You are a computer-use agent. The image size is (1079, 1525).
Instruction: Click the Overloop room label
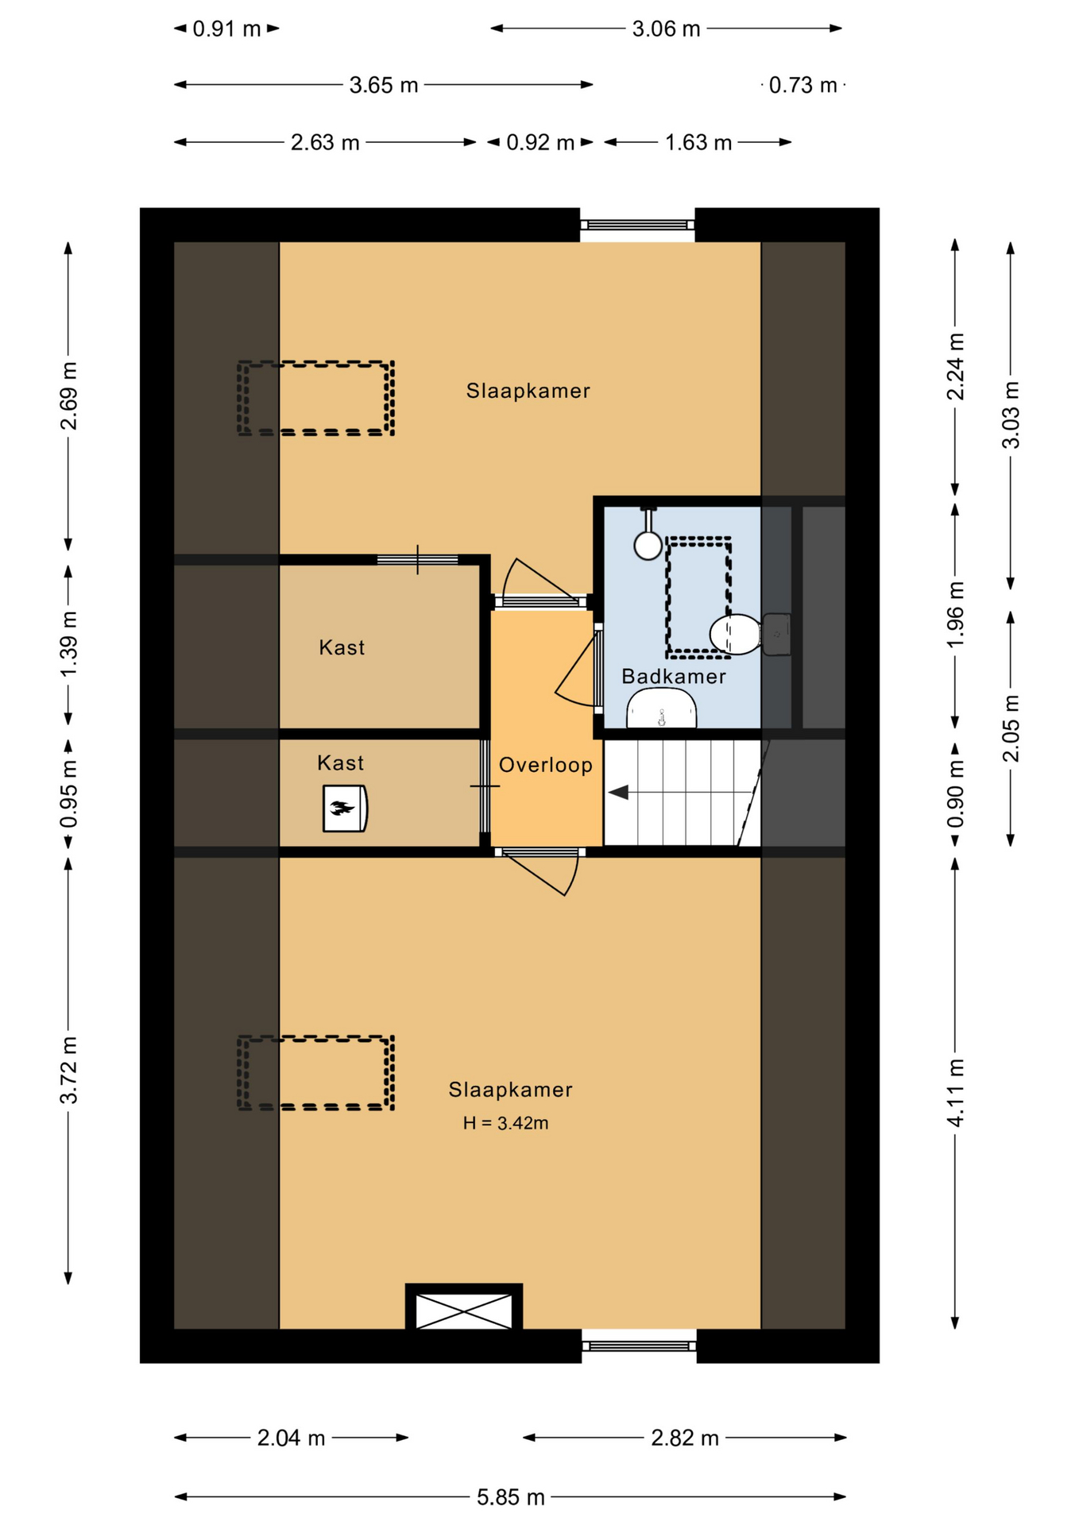click(x=545, y=765)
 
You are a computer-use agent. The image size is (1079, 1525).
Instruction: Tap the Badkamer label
click(x=673, y=677)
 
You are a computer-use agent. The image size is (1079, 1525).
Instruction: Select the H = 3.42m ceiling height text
click(x=505, y=1123)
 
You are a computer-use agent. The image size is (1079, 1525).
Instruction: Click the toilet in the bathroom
click(x=736, y=634)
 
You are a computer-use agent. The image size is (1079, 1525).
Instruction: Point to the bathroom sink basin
click(x=661, y=708)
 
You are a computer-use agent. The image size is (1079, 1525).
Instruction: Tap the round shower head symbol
click(x=648, y=545)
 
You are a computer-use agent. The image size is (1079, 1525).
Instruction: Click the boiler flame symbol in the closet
click(x=342, y=809)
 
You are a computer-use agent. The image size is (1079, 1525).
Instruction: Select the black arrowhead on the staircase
click(x=618, y=792)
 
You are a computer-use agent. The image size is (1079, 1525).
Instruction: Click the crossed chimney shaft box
click(x=464, y=1311)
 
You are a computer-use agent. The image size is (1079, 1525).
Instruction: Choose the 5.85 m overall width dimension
click(x=510, y=1497)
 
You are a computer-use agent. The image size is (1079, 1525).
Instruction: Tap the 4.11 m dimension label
click(x=955, y=1093)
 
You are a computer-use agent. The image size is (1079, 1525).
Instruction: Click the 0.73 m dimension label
click(x=802, y=85)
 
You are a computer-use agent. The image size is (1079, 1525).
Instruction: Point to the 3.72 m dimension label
click(x=68, y=1070)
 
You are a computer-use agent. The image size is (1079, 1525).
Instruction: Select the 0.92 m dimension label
click(x=540, y=143)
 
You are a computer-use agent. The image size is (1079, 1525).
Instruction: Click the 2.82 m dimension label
click(x=685, y=1438)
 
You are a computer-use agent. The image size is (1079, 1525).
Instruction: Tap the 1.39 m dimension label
click(x=68, y=644)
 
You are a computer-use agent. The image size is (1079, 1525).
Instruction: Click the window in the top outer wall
click(x=637, y=226)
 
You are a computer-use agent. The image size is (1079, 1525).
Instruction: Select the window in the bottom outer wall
click(x=639, y=1345)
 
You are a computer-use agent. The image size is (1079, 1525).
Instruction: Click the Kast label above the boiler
click(x=340, y=763)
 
